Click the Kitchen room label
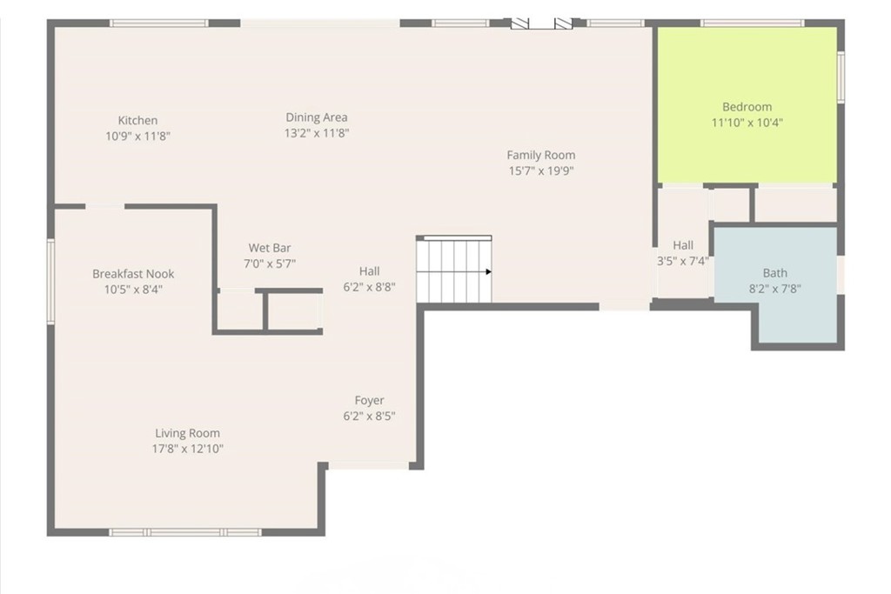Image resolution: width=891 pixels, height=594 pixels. click(x=137, y=121)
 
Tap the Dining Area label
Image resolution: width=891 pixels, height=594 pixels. click(x=317, y=117)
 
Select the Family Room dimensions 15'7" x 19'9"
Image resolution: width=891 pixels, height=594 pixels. click(x=541, y=171)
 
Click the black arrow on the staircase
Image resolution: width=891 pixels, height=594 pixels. click(x=488, y=271)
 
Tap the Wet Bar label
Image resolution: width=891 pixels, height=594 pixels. click(x=270, y=248)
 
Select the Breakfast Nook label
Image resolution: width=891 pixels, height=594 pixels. click(x=133, y=274)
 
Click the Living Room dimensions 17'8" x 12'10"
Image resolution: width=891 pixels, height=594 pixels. click(x=187, y=449)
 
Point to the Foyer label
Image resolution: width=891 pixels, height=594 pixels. click(x=369, y=401)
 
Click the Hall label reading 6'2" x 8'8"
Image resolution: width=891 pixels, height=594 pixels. click(x=369, y=271)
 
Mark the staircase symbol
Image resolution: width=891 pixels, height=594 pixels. click(x=453, y=270)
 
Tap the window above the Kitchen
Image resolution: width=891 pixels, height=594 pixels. click(x=158, y=23)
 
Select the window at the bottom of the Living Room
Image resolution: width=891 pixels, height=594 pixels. click(x=184, y=531)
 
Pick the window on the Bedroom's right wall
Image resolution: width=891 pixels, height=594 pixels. click(x=841, y=78)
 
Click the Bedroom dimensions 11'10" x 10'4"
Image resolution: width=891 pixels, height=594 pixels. click(x=747, y=123)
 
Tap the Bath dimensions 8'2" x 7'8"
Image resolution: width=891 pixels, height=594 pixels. click(x=774, y=289)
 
